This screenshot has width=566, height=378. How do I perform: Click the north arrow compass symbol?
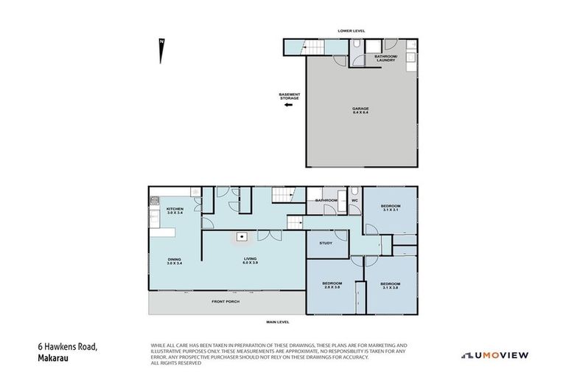point(160,50)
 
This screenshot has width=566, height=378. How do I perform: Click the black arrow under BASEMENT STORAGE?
point(288,105)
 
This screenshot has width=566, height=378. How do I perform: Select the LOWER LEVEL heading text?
point(352,30)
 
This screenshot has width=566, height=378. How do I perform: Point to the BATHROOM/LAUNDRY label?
point(385,58)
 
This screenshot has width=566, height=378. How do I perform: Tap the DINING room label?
point(174,261)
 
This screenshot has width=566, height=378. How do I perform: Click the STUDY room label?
point(326,243)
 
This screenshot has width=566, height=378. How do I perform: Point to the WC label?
point(354,200)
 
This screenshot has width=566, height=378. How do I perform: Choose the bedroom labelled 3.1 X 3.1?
point(390,207)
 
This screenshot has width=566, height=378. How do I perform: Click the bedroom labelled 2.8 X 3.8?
point(331,285)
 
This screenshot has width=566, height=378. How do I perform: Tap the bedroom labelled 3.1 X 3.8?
point(390,285)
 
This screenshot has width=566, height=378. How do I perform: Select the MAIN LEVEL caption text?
point(277,322)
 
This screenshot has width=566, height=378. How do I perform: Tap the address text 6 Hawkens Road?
point(67,346)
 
